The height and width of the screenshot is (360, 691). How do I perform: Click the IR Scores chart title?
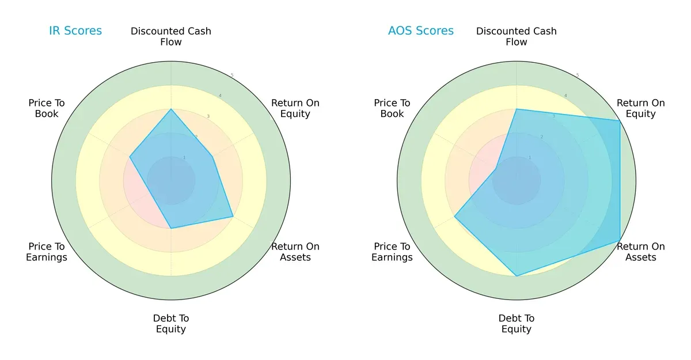(75, 31)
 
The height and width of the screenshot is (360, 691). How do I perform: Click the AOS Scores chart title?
(421, 31)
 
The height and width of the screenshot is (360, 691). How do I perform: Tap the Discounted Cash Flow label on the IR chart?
(171, 36)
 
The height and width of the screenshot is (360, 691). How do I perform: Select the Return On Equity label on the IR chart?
(295, 108)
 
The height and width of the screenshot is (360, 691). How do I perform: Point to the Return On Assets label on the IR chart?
(295, 252)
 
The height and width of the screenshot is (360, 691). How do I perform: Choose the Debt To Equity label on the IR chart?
(171, 324)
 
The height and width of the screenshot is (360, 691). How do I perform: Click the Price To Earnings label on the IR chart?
(47, 252)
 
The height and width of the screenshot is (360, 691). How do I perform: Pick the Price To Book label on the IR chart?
(47, 108)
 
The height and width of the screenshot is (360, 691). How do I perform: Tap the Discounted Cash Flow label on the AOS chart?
(517, 36)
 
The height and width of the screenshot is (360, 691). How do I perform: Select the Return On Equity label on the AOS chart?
(641, 108)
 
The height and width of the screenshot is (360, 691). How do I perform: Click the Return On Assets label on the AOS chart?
(641, 252)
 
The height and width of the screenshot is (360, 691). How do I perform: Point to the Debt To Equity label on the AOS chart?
(517, 324)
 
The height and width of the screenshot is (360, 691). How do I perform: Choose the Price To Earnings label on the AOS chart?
(392, 252)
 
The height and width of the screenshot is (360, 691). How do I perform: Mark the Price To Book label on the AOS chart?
(392, 108)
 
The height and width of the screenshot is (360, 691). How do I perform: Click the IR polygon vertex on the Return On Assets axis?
(233, 217)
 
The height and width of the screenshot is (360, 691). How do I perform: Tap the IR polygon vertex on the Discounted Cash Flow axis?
(171, 109)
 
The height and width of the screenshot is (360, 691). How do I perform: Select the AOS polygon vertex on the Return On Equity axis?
(620, 120)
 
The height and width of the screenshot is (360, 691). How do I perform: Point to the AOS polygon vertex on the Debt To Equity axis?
(517, 276)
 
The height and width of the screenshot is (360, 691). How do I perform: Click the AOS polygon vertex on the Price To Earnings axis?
(455, 217)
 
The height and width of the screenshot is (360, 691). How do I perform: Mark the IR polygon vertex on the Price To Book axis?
(130, 157)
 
